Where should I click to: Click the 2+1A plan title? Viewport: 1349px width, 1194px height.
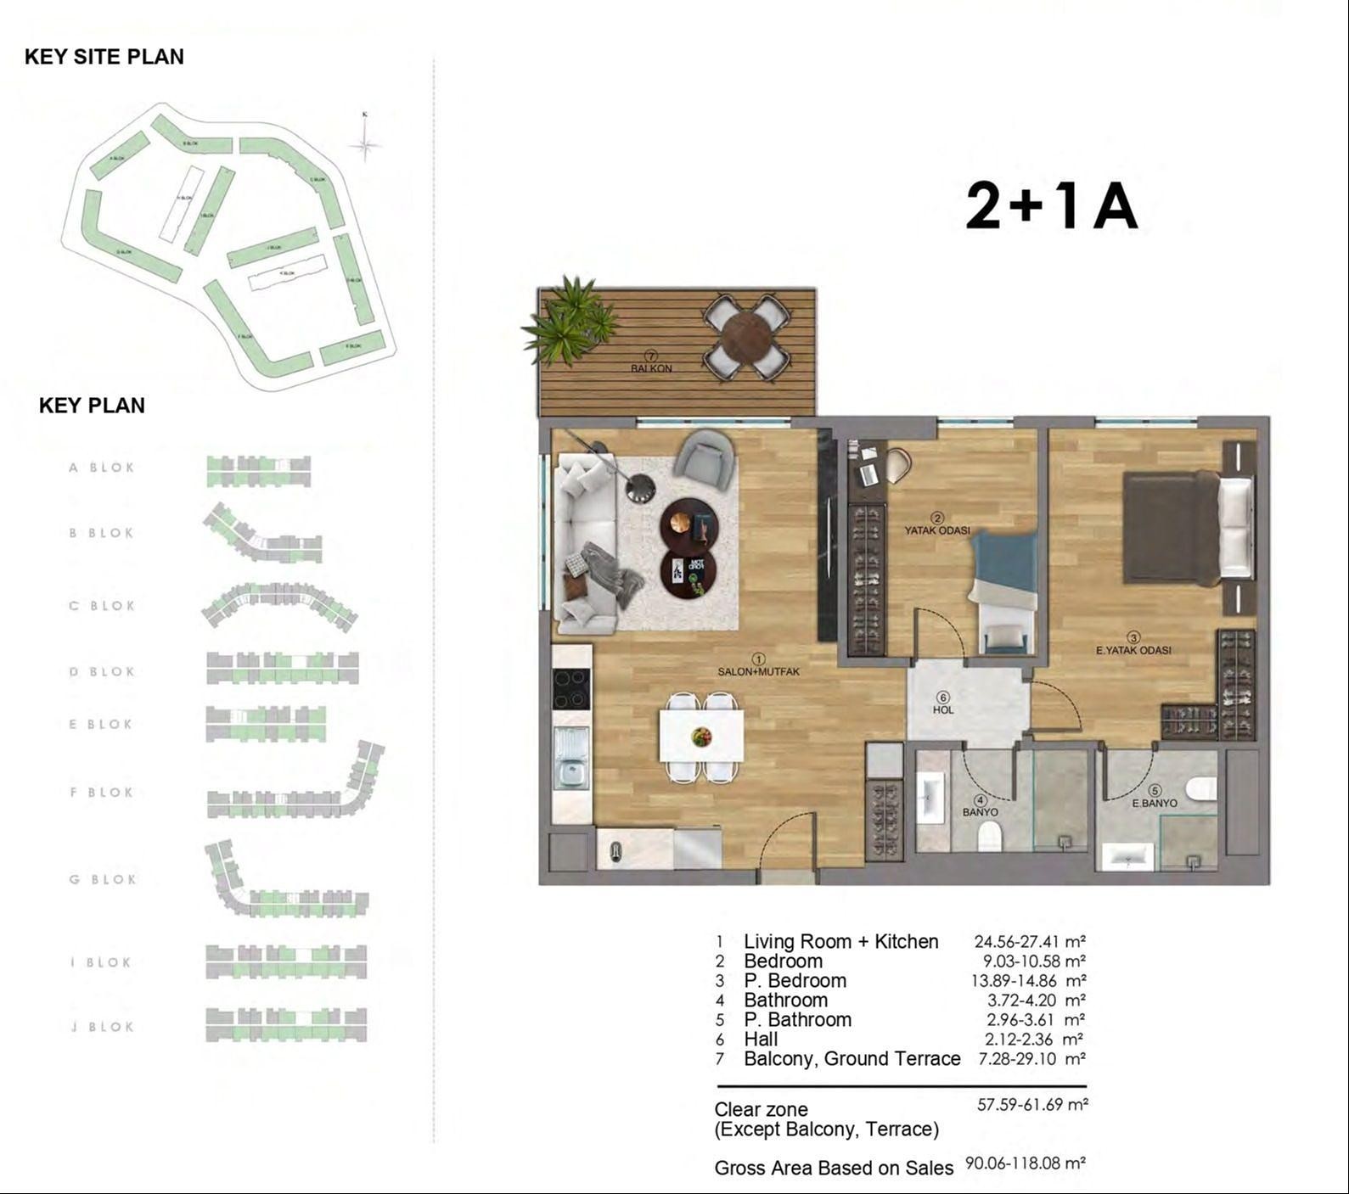click(1051, 206)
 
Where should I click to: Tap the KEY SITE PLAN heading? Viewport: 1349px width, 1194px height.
click(104, 57)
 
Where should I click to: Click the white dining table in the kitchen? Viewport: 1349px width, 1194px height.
click(701, 737)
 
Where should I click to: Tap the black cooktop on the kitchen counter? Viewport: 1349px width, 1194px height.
click(571, 689)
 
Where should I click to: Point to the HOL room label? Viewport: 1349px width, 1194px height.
click(943, 709)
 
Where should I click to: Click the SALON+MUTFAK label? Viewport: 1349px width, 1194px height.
click(758, 671)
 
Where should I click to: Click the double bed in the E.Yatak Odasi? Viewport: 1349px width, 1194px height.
click(1187, 527)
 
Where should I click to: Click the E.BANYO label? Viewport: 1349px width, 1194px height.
click(1154, 803)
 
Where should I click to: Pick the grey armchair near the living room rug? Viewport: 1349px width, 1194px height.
click(705, 459)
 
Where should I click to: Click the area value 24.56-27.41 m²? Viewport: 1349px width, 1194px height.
click(1030, 941)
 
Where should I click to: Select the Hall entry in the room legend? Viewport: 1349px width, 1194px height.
click(761, 1040)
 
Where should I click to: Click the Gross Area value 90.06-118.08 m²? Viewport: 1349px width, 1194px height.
click(1026, 1163)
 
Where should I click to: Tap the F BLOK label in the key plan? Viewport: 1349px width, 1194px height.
click(102, 793)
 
